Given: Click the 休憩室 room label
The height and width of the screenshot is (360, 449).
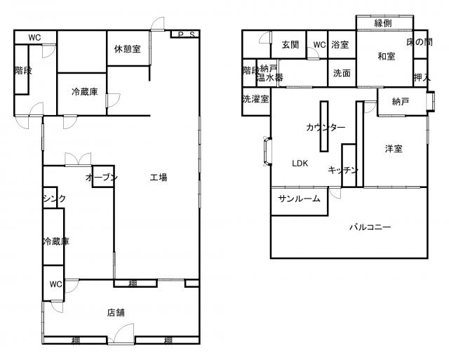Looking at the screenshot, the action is (x=128, y=49).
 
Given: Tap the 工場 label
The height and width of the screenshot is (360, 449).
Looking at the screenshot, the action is (x=159, y=178).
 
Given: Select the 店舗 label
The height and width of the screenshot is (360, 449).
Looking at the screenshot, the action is (x=116, y=312).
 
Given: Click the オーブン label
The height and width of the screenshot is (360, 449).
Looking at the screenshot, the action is (x=102, y=178).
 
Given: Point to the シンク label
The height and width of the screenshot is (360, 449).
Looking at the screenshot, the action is (x=55, y=198).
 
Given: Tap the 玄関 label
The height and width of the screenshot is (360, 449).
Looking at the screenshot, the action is (x=290, y=45).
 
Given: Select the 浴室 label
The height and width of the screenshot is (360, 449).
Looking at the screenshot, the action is (x=340, y=45).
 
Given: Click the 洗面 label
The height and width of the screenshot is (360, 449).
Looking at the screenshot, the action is (x=342, y=73).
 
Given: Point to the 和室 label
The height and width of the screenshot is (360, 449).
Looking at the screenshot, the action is (x=387, y=56).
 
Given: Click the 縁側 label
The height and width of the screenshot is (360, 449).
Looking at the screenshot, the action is (x=383, y=23).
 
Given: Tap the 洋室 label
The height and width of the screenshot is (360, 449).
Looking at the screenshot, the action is (x=394, y=149).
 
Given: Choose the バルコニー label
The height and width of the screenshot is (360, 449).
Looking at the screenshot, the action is (x=370, y=227).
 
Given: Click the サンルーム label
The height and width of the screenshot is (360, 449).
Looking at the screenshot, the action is (x=299, y=199).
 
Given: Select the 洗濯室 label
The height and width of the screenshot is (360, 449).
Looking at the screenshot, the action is (x=255, y=99).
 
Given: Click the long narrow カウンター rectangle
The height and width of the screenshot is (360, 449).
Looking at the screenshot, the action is (x=324, y=126).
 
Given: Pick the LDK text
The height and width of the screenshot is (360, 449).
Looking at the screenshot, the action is (x=300, y=164).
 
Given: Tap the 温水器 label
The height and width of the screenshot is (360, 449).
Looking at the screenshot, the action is (x=270, y=77).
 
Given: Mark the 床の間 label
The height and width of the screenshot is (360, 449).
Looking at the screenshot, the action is (x=420, y=42).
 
